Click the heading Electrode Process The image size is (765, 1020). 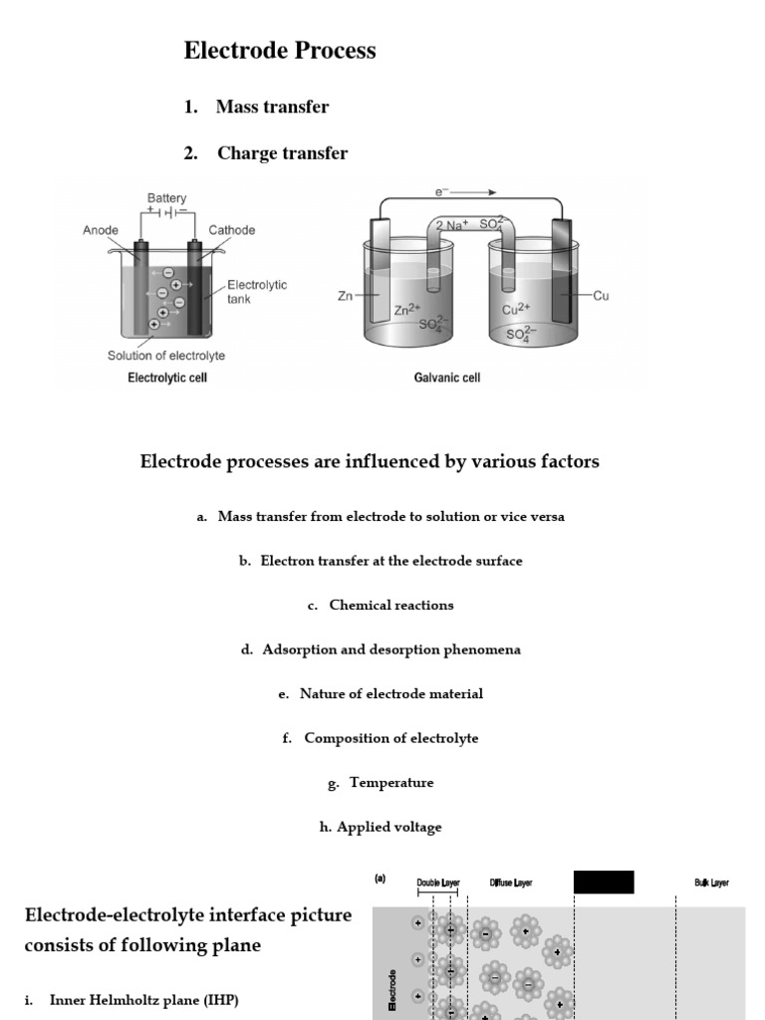[x=280, y=51]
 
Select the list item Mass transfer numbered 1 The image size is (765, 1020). [x=272, y=107]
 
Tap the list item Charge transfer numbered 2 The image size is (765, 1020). [x=282, y=153]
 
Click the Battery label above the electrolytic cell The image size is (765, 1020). [x=166, y=199]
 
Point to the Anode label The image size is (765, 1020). [x=101, y=230]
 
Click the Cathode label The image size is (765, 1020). [x=231, y=230]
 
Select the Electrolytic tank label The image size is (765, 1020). [x=257, y=292]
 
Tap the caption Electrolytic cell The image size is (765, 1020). [x=167, y=379]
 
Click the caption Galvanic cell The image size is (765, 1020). [x=447, y=379]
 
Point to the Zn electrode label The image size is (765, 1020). [x=345, y=296]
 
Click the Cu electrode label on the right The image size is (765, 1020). [x=600, y=296]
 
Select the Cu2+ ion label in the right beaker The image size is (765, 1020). [x=516, y=310]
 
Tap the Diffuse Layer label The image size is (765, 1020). [x=510, y=883]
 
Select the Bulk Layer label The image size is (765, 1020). [x=711, y=883]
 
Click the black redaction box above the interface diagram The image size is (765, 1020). [x=604, y=883]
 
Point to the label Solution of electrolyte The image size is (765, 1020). [x=166, y=356]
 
